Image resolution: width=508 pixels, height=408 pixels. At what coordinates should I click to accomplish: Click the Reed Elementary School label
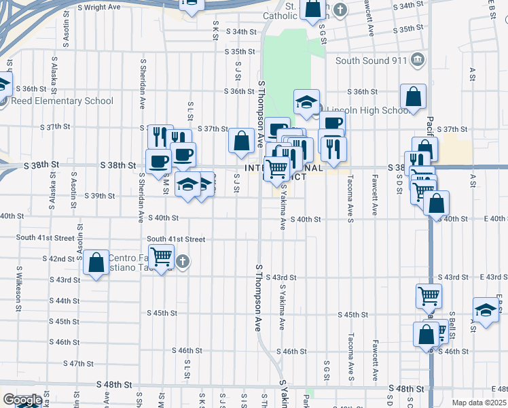[x=62, y=101]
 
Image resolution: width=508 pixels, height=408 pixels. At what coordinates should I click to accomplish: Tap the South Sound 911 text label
[x=371, y=60]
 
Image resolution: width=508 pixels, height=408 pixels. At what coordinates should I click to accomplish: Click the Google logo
[x=22, y=400]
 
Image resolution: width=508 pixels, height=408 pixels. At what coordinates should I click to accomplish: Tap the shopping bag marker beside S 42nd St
[x=96, y=262]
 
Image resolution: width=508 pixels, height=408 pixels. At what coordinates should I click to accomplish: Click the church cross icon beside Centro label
[x=183, y=261]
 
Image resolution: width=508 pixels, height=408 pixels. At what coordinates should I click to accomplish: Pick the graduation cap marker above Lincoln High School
[x=306, y=103]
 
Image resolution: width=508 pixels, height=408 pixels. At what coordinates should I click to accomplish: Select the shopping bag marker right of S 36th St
[x=413, y=97]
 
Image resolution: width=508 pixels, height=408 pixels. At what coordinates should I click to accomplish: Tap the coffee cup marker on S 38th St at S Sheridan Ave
[x=159, y=162]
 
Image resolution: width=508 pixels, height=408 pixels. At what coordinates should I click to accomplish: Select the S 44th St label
[x=65, y=301]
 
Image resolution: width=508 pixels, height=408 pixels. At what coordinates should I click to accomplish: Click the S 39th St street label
[x=98, y=196]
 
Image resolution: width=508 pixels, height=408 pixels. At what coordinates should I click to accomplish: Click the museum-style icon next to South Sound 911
[x=418, y=59]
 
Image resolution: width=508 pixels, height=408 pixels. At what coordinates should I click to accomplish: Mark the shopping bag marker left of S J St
[x=241, y=141]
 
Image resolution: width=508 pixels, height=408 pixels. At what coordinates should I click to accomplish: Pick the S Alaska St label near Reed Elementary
[x=52, y=68]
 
